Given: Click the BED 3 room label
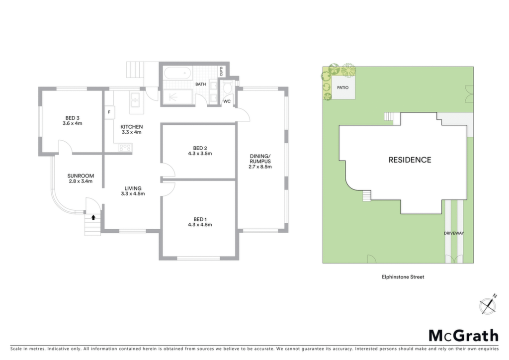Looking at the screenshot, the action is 73,120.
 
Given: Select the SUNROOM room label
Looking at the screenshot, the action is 81,179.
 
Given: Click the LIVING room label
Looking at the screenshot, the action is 133,191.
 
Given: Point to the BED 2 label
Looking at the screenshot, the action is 200,151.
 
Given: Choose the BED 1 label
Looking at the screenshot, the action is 200,222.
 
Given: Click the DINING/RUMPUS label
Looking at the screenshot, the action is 260,161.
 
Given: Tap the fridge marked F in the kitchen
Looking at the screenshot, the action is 109,112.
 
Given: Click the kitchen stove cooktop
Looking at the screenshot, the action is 125,148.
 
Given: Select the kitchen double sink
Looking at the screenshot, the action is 135,99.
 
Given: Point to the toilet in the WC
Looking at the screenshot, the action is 227,88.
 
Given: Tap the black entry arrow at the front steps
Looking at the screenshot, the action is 93,217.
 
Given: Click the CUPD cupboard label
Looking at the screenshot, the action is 222,72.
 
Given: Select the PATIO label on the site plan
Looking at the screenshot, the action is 343,88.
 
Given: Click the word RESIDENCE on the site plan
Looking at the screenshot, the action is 410,160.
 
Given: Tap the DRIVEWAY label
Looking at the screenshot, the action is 454,233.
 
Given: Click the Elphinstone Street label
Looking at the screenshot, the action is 403,277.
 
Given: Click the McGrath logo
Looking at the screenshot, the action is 464,336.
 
